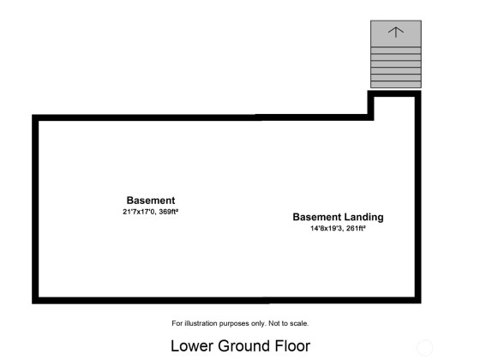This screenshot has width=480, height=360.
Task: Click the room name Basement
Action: (x=151, y=201)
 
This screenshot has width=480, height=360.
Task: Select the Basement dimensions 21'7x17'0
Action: (x=140, y=212)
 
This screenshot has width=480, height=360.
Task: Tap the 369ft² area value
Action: (x=168, y=212)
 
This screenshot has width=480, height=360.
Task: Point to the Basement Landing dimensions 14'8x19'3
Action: (x=327, y=228)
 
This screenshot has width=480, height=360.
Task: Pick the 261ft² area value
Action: (x=356, y=228)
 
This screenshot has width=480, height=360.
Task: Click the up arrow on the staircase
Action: (x=396, y=32)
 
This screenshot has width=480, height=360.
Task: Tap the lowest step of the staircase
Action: (x=396, y=85)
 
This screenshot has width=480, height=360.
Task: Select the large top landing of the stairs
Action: (x=396, y=33)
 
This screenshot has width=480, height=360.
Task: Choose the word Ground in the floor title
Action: (x=244, y=346)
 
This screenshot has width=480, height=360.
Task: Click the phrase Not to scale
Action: (x=288, y=323)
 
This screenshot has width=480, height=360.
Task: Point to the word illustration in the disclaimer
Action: (x=201, y=323)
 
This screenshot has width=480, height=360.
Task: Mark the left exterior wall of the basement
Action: (x=35, y=209)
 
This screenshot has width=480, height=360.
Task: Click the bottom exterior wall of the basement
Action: (x=226, y=300)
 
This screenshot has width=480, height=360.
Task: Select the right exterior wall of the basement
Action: (x=418, y=197)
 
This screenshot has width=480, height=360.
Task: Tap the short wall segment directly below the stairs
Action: (x=394, y=93)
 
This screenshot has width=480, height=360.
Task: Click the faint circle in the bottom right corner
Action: (x=424, y=348)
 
